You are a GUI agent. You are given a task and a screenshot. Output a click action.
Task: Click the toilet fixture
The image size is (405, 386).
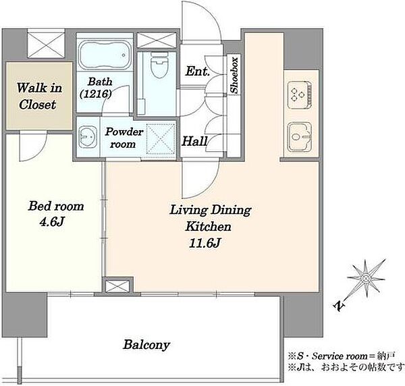pyautogui.click(x=159, y=65)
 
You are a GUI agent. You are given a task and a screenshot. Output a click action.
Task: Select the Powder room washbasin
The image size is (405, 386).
pyautogui.click(x=87, y=136)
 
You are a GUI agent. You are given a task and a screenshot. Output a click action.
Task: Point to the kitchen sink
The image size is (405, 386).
pyautogui.click(x=300, y=137)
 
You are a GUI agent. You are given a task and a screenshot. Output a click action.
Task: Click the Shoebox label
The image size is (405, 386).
pyautogui.click(x=234, y=75)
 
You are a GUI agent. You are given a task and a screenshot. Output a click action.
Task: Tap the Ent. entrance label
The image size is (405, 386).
pyautogui.click(x=197, y=72)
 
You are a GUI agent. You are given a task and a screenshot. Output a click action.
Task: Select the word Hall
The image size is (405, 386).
pyautogui.click(x=195, y=141)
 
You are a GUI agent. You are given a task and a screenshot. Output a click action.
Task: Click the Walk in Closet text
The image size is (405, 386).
pyautogui.click(x=39, y=96)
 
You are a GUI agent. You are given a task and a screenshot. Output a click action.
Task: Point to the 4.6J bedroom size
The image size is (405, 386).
pyautogui.click(x=51, y=222)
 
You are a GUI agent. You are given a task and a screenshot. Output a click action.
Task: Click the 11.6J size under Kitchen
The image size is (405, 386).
pyautogui.click(x=205, y=243)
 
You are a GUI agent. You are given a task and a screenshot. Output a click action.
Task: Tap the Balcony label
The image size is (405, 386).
pyautogui.click(x=146, y=345)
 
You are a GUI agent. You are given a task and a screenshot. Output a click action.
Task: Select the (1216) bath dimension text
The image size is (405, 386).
pyautogui.click(x=96, y=94)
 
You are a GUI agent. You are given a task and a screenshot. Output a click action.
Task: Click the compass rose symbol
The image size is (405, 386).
pyautogui.click(x=366, y=279)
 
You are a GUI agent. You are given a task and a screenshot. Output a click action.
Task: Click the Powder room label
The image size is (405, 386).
pyautogui.click(x=124, y=138)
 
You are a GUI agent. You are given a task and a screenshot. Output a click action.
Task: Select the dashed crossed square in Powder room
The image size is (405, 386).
pyautogui.click(x=161, y=138)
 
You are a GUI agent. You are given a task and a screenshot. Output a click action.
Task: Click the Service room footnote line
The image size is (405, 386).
pyautogui.click(x=341, y=356)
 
